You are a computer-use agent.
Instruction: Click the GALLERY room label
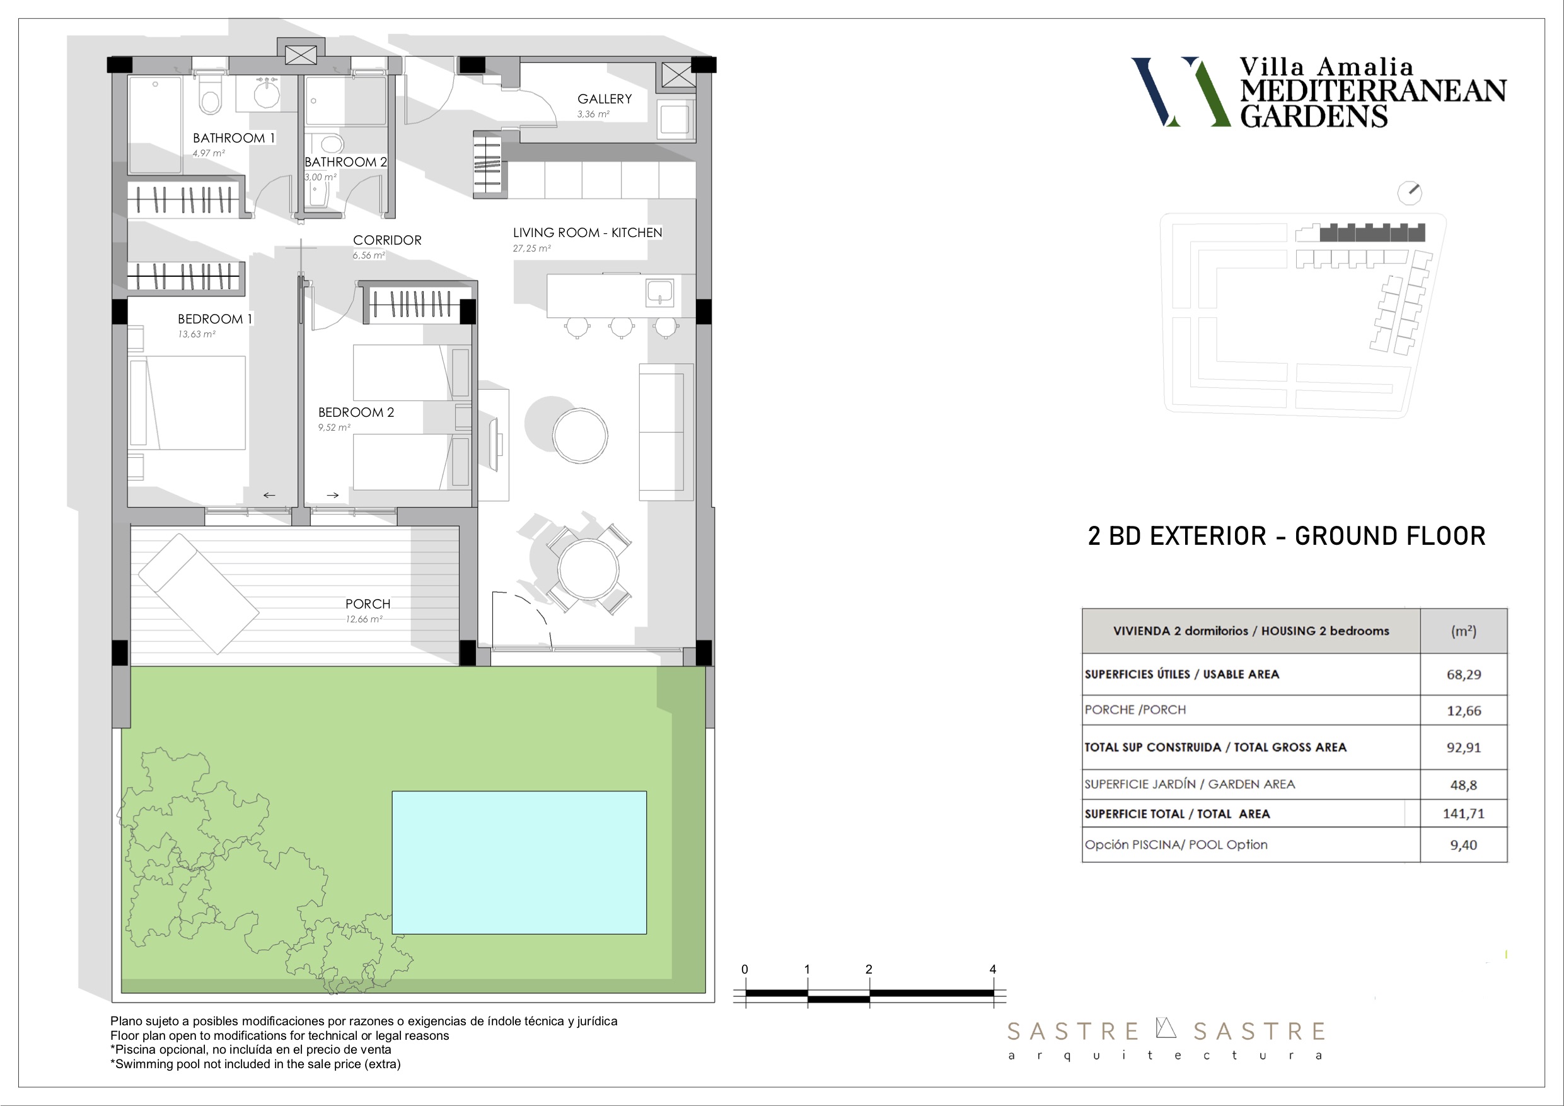pyautogui.click(x=604, y=99)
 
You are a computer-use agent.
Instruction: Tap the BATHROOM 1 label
pyautogui.click(x=234, y=137)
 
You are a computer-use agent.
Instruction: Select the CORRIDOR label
pyautogui.click(x=387, y=240)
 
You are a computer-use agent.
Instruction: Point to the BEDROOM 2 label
pyautogui.click(x=356, y=412)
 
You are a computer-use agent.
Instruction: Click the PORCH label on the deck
pyautogui.click(x=368, y=604)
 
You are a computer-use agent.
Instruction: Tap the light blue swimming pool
pyautogui.click(x=519, y=862)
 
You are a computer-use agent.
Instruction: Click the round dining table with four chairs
pyautogui.click(x=588, y=568)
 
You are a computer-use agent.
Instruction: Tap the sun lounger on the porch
pyautogui.click(x=198, y=593)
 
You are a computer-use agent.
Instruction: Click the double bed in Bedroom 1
pyautogui.click(x=187, y=403)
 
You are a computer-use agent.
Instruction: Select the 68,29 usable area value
pyautogui.click(x=1464, y=675)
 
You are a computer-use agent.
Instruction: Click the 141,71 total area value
pyautogui.click(x=1464, y=813)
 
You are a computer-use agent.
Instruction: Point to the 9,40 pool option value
pyautogui.click(x=1464, y=845)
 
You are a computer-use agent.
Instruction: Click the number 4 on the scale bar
pyautogui.click(x=992, y=969)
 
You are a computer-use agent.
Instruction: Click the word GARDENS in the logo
pyautogui.click(x=1313, y=117)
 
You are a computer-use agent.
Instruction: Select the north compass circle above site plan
pyautogui.click(x=1410, y=193)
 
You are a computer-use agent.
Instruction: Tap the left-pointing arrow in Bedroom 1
pyautogui.click(x=269, y=496)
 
